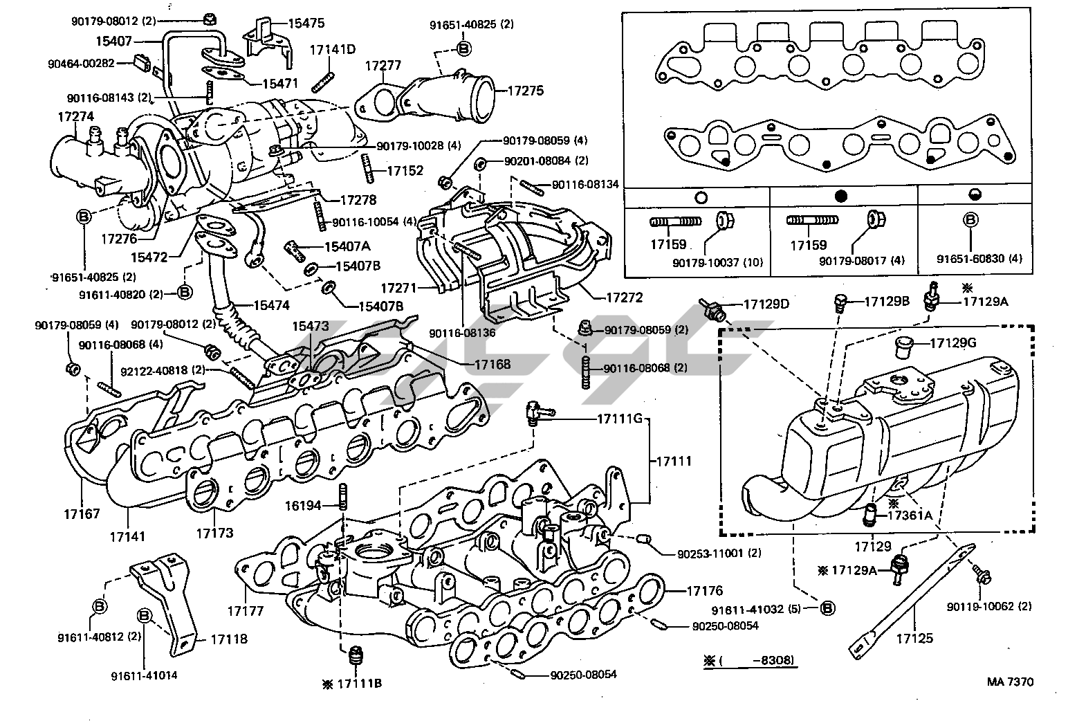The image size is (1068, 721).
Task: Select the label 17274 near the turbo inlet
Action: (x=74, y=117)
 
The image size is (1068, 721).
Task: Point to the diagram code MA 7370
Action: (x=1010, y=682)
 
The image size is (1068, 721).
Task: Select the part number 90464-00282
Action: (x=90, y=64)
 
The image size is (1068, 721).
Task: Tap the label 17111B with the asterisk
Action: (x=359, y=684)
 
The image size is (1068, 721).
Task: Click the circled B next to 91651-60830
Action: (x=971, y=220)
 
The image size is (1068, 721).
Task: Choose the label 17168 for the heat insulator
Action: (x=492, y=363)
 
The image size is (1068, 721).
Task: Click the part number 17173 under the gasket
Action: (x=214, y=533)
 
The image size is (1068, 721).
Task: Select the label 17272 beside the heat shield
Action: (x=625, y=298)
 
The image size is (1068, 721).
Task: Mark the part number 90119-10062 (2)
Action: (x=989, y=607)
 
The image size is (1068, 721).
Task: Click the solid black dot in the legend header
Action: (x=842, y=197)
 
